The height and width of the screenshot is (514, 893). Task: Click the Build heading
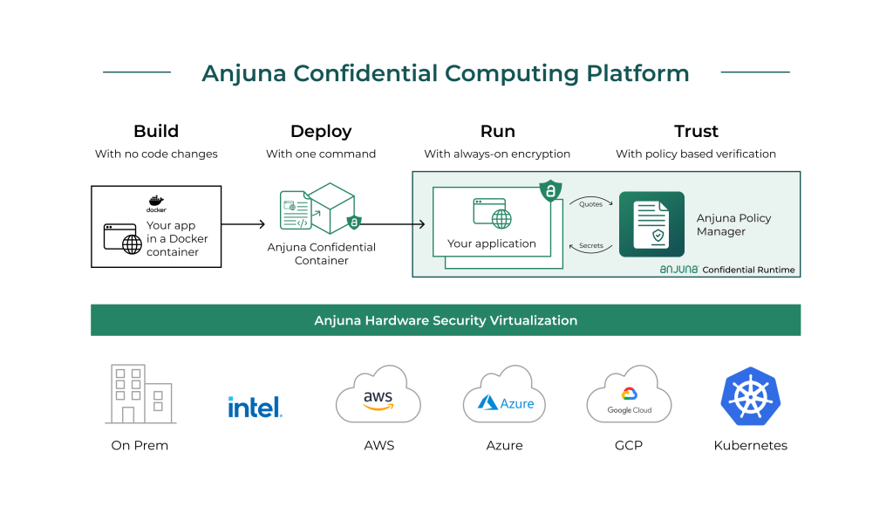click(156, 132)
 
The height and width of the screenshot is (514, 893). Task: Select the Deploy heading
click(321, 132)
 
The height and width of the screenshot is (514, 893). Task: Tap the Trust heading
click(696, 132)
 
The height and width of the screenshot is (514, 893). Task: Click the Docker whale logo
click(156, 202)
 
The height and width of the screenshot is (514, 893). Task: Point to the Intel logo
click(255, 406)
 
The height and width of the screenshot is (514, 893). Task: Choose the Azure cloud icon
click(504, 397)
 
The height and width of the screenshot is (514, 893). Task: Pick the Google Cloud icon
click(629, 397)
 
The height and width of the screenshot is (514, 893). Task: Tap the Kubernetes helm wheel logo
click(750, 395)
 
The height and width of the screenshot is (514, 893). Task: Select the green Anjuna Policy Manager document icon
click(651, 224)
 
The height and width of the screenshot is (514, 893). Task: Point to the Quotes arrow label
click(591, 204)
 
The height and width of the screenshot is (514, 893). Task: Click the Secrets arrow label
click(591, 246)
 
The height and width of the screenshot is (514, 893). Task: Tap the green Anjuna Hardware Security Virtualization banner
click(446, 320)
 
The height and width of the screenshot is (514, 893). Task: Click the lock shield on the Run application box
click(550, 190)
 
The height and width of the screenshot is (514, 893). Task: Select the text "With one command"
click(321, 154)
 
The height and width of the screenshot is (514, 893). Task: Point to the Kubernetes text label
click(750, 445)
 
